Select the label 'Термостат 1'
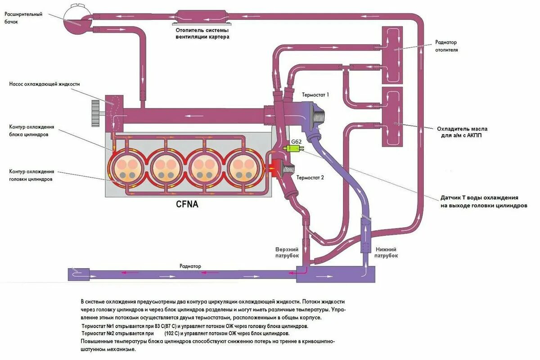coord(316,95)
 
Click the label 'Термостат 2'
coord(310,177)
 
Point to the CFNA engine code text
coord(187,204)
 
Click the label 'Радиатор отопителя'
coord(446,46)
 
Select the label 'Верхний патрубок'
coord(287,252)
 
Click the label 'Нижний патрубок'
coord(386,252)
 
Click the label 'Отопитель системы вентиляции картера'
coord(202,33)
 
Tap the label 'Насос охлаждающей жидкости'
coord(45,84)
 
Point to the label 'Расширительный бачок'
coord(23,18)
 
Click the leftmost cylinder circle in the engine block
coord(126,169)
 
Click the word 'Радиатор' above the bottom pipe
coord(190,266)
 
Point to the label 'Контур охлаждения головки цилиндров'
coord(31,175)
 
